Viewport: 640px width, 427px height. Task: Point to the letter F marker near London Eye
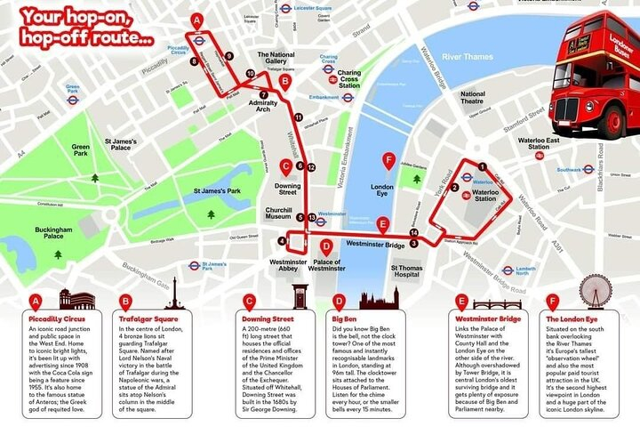tap(388, 161)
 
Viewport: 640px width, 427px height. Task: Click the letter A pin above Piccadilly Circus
tap(196, 20)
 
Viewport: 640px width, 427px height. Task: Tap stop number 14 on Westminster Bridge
tap(413, 233)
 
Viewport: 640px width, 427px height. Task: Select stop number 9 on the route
tap(229, 56)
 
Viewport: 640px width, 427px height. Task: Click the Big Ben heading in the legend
tap(345, 318)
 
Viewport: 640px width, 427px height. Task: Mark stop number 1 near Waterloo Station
tap(483, 166)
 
